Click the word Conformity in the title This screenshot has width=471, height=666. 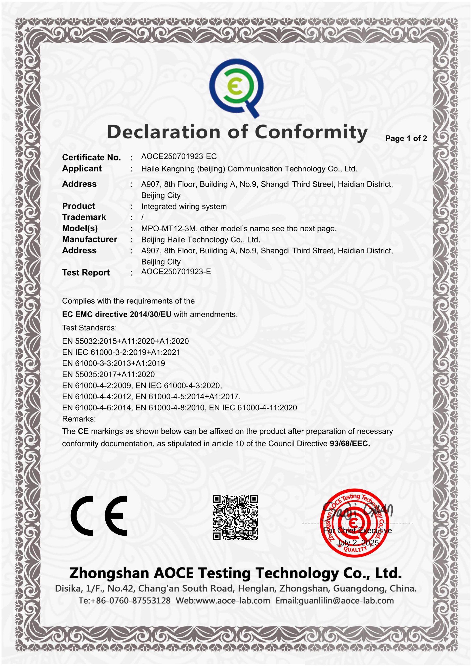point(311,132)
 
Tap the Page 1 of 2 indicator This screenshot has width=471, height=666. point(406,138)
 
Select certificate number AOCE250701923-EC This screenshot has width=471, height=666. point(179,157)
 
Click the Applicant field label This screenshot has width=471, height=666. point(82,169)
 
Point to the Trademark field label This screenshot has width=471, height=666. point(84,217)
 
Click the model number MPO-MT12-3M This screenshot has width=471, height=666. point(168,229)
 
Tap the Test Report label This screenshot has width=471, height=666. point(86,273)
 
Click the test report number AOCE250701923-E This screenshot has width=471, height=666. point(176,272)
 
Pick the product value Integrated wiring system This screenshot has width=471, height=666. point(184,207)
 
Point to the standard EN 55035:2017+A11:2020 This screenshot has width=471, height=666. point(108,374)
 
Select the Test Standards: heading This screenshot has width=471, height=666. point(89,328)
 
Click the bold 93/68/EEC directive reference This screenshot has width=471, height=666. point(350,444)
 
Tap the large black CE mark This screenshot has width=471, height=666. point(99,515)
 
